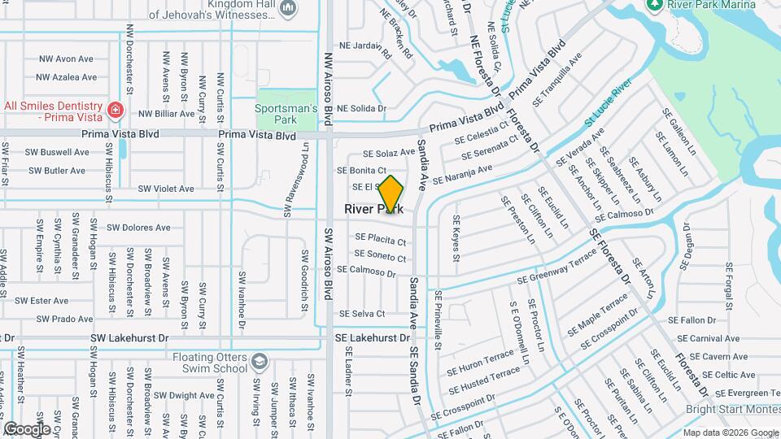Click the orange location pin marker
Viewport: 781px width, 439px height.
coord(391,194)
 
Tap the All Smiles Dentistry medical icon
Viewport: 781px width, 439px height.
coord(116,109)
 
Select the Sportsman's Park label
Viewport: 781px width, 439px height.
coord(285,113)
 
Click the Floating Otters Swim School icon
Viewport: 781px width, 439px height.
coord(259,361)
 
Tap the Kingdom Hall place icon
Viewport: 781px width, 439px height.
coord(287,8)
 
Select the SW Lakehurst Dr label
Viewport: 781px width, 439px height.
coord(129,337)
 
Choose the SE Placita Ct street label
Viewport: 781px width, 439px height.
coord(380,240)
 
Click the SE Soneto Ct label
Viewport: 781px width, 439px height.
coord(380,256)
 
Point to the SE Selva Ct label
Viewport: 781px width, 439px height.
coord(361,314)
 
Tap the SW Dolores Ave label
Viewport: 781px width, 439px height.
coord(138,228)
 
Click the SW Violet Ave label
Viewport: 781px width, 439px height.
coord(166,189)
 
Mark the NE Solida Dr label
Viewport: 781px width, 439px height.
coord(361,108)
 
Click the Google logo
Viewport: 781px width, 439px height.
coord(26,428)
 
